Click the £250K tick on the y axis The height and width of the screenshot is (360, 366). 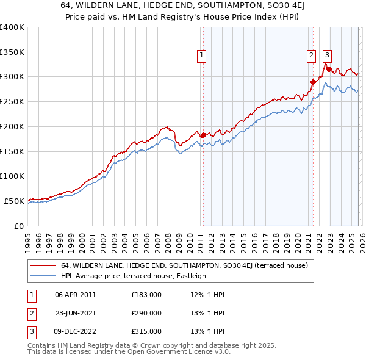click(12, 101)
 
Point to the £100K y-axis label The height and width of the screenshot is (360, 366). click(12, 176)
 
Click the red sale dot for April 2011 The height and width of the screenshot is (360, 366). click(203, 134)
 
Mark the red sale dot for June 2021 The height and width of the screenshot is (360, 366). click(313, 82)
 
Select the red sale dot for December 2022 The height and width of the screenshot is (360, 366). click(329, 69)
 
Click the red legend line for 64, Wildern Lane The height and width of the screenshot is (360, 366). click(43, 266)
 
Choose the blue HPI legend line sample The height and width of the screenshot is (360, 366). click(43, 276)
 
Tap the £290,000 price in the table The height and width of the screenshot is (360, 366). click(146, 312)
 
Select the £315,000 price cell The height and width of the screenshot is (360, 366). click(146, 331)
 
